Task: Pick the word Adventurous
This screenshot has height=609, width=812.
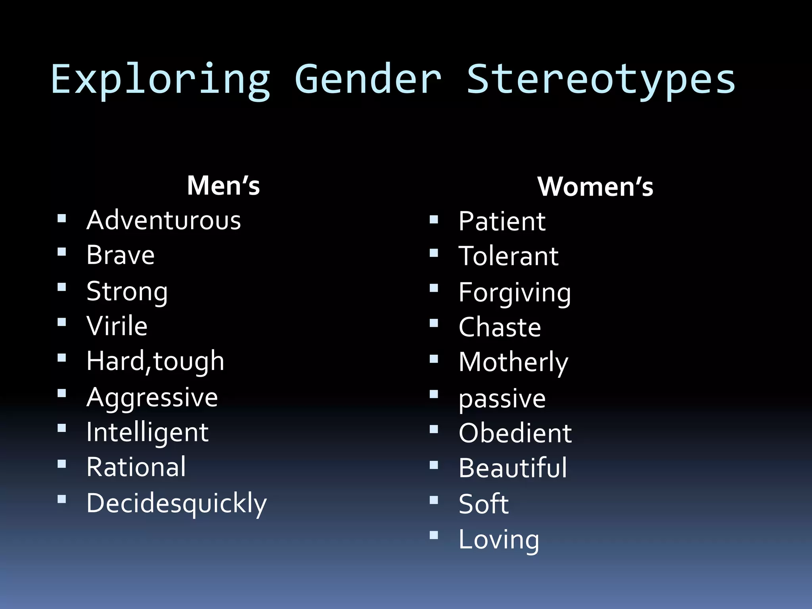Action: coord(164,220)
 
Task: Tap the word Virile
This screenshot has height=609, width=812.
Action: coord(117,326)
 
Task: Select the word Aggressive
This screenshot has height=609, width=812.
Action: coord(152,397)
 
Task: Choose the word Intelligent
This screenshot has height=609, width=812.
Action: coord(147,432)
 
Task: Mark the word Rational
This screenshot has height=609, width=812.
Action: coord(136,467)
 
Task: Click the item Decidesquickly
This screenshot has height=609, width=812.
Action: coord(177,503)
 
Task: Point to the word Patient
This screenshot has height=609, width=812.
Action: coord(502,221)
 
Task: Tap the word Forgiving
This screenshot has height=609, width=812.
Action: coord(515,293)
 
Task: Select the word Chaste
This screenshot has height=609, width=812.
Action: coord(500,327)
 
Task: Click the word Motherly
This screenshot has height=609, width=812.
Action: coord(513,362)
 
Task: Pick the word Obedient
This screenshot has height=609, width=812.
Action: coord(515,433)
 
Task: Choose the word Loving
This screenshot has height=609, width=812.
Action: coord(499,540)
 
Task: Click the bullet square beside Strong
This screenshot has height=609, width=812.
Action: coord(61,287)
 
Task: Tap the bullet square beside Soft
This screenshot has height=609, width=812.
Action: coord(434,500)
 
